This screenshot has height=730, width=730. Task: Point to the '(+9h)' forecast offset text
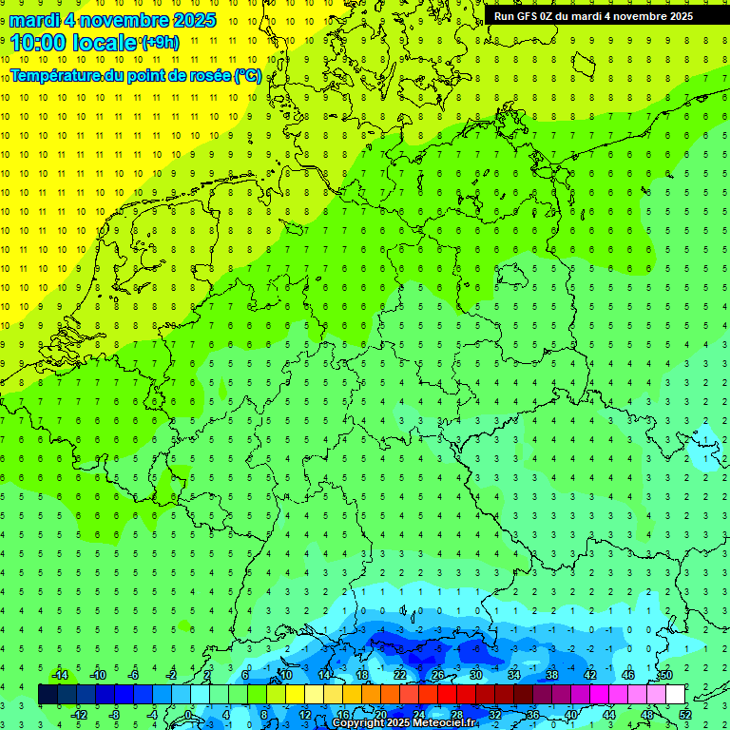[159, 42]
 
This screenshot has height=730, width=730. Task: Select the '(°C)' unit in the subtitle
[248, 75]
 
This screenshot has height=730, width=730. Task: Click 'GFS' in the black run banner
[528, 16]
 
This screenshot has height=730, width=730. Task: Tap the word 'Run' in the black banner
[504, 16]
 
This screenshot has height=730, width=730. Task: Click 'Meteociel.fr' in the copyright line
[445, 723]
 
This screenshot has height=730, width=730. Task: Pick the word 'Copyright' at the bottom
[358, 723]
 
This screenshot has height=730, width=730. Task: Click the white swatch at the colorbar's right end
[675, 695]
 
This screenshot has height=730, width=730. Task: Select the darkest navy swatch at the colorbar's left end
[48, 695]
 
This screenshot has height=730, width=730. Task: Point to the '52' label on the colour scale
[685, 714]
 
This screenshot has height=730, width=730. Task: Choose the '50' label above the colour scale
[666, 675]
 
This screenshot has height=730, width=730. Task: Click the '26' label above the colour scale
[438, 675]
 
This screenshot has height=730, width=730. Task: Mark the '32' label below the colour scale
[495, 714]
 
